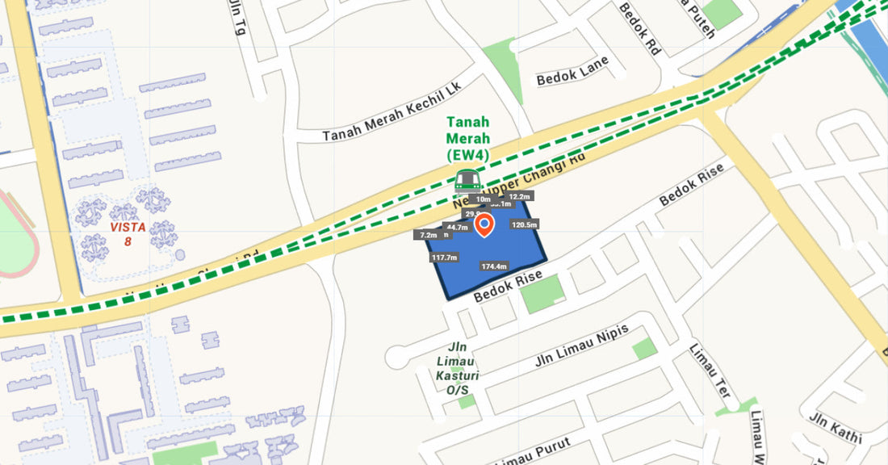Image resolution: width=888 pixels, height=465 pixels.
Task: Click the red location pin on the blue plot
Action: tap(484, 224)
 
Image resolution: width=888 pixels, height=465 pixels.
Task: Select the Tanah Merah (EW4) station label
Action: tap(468, 138)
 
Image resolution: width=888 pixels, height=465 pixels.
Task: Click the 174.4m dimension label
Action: tap(493, 266)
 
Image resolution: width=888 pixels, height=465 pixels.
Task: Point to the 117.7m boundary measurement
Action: tap(444, 258)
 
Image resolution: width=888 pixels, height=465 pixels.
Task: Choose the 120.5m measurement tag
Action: tap(525, 224)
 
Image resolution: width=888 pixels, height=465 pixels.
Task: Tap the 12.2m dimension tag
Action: tap(520, 196)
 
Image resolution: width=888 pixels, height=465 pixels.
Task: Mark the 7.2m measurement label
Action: tap(428, 235)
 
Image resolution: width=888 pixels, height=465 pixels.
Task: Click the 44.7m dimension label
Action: tap(457, 228)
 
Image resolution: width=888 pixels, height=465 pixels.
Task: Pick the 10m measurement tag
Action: tap(484, 199)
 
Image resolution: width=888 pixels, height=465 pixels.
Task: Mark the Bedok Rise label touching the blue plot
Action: tap(507, 287)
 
